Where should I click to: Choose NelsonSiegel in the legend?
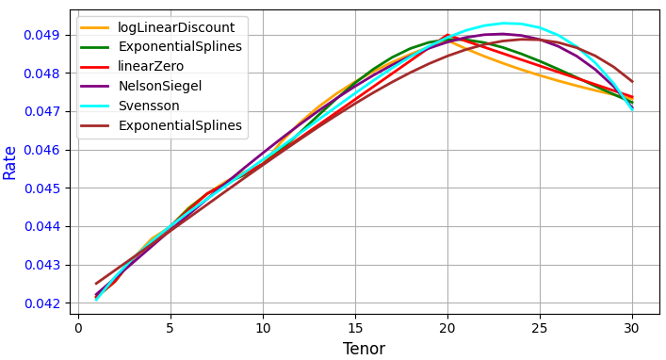[x=154, y=86]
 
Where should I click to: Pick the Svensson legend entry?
[x=148, y=106]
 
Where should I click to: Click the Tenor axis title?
[x=364, y=349]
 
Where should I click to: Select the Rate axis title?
[x=10, y=162]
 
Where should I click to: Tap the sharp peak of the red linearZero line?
[x=447, y=35]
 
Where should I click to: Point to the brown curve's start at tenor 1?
[x=96, y=283]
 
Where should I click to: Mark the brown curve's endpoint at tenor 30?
[x=632, y=81]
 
